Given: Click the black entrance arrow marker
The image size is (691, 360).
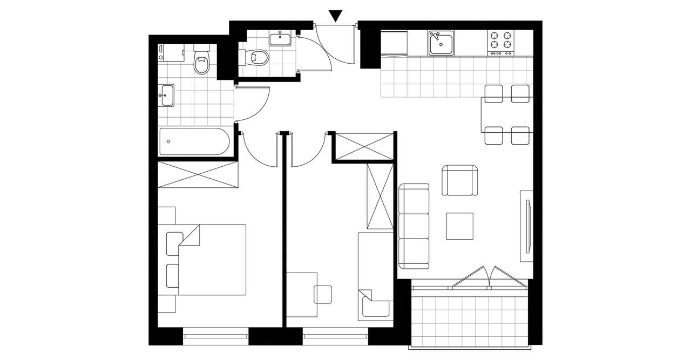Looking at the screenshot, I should [336, 16].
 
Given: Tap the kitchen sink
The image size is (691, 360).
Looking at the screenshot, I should [441, 43].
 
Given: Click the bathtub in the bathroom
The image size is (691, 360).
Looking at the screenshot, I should [194, 141].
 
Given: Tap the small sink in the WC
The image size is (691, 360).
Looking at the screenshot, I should [280, 39].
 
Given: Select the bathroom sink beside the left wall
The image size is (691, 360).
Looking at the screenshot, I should [166, 96].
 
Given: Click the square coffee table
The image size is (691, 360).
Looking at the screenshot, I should [459, 226].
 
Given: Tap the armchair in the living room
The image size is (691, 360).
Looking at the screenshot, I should [460, 181].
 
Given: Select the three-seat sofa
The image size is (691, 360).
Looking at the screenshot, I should [414, 226].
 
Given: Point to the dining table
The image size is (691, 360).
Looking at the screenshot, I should [507, 114].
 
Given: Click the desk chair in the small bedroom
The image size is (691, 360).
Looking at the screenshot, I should [324, 294].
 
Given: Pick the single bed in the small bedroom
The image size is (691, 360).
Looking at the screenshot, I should [375, 276].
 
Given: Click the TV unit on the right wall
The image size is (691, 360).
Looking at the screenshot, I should [526, 226].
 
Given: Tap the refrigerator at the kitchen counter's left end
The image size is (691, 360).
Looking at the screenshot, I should [394, 43].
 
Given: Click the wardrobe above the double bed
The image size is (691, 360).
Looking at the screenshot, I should [198, 174].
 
